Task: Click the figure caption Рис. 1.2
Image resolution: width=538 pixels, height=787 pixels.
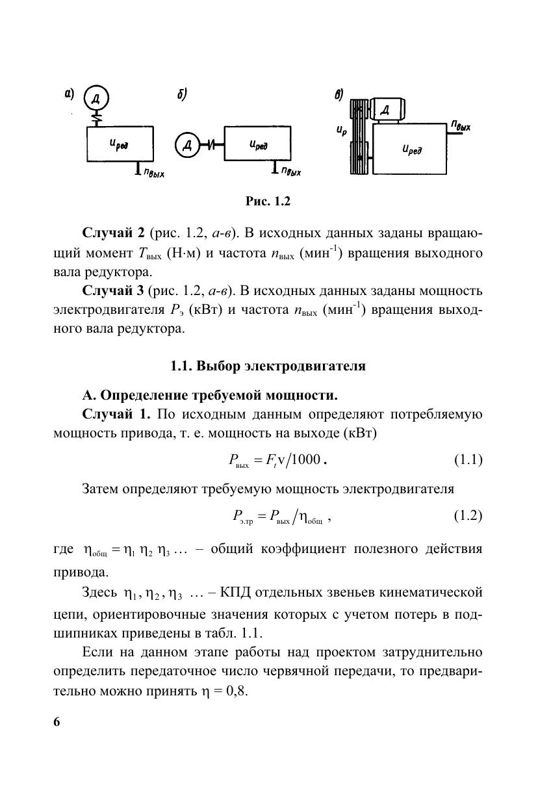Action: [x=268, y=201]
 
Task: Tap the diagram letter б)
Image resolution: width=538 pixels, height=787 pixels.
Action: [x=182, y=95]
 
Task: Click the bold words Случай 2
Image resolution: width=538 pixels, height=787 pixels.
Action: [x=114, y=233]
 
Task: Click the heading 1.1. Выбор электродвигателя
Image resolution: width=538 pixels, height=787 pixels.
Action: [x=268, y=366]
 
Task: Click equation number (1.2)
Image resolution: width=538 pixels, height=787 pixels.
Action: [x=468, y=516]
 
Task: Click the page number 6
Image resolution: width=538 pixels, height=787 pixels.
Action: [x=57, y=723]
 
